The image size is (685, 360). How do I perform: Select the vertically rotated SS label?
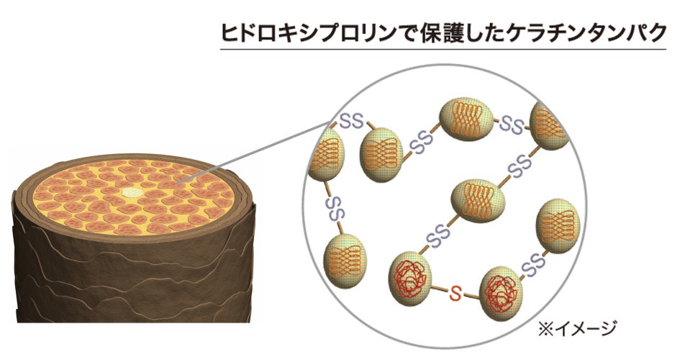pos(331,209)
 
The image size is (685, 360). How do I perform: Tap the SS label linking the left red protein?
pos(437,234)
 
